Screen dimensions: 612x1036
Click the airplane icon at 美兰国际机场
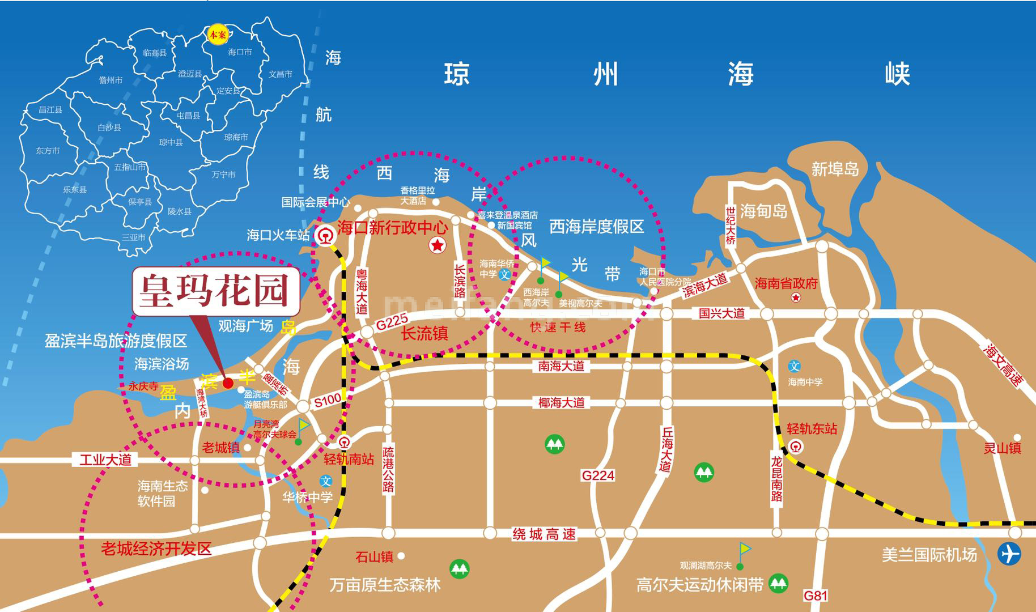(1009, 554)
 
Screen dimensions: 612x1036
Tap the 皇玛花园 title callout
(216, 291)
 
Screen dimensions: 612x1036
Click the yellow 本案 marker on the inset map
(217, 35)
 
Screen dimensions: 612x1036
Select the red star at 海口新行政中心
(438, 245)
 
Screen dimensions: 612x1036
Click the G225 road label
(392, 323)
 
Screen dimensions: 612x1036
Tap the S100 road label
(327, 400)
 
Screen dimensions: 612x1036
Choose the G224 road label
(598, 475)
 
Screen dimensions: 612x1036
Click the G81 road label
(816, 596)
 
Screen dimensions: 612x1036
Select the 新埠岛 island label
(835, 169)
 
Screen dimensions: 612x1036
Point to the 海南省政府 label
(786, 283)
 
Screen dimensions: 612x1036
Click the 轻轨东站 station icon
(796, 447)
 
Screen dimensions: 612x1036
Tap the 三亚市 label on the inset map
(133, 237)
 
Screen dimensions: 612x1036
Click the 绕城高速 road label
(544, 534)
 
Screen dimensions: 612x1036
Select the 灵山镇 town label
(1002, 448)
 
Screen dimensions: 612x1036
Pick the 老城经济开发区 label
(156, 548)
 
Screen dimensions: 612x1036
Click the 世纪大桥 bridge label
(730, 225)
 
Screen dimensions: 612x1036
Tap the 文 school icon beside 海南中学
(795, 366)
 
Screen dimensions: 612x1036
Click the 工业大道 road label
(105, 459)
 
